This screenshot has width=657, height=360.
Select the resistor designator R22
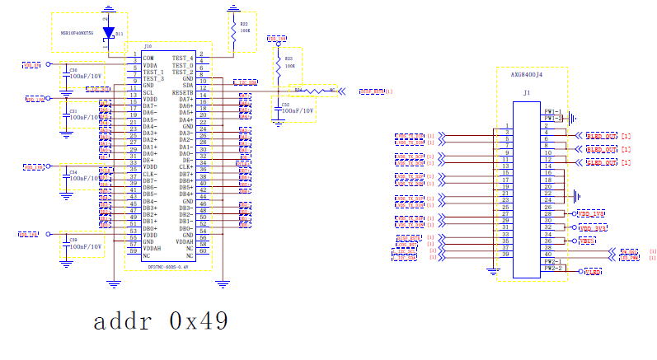point(244,25)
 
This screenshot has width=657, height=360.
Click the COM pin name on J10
point(148,58)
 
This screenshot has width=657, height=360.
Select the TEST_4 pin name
point(182,58)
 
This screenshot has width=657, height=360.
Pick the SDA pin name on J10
point(188,85)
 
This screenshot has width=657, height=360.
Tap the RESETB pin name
point(182,93)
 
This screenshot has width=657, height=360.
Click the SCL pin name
point(148,92)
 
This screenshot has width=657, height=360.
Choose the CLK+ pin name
point(186,167)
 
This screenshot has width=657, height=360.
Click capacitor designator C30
point(73,71)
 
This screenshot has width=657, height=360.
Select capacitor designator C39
point(73,240)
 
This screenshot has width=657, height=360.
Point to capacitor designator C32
point(286,105)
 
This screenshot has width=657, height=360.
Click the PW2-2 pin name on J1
point(552,269)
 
